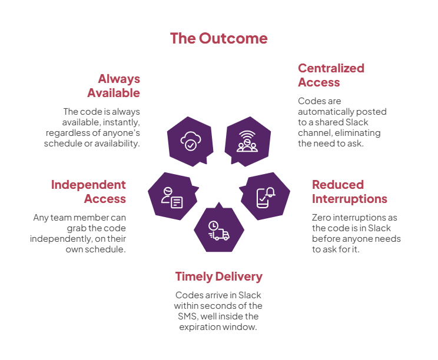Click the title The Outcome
pos(218,39)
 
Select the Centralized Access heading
pos(331,75)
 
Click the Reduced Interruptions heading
pos(349,191)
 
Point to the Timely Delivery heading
pos(218,276)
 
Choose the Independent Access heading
pos(88,191)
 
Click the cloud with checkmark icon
pos(191,141)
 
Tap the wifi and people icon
pos(247,141)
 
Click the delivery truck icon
pos(219,229)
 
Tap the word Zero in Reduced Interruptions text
pos(323,218)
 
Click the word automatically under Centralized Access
pos(327,111)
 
